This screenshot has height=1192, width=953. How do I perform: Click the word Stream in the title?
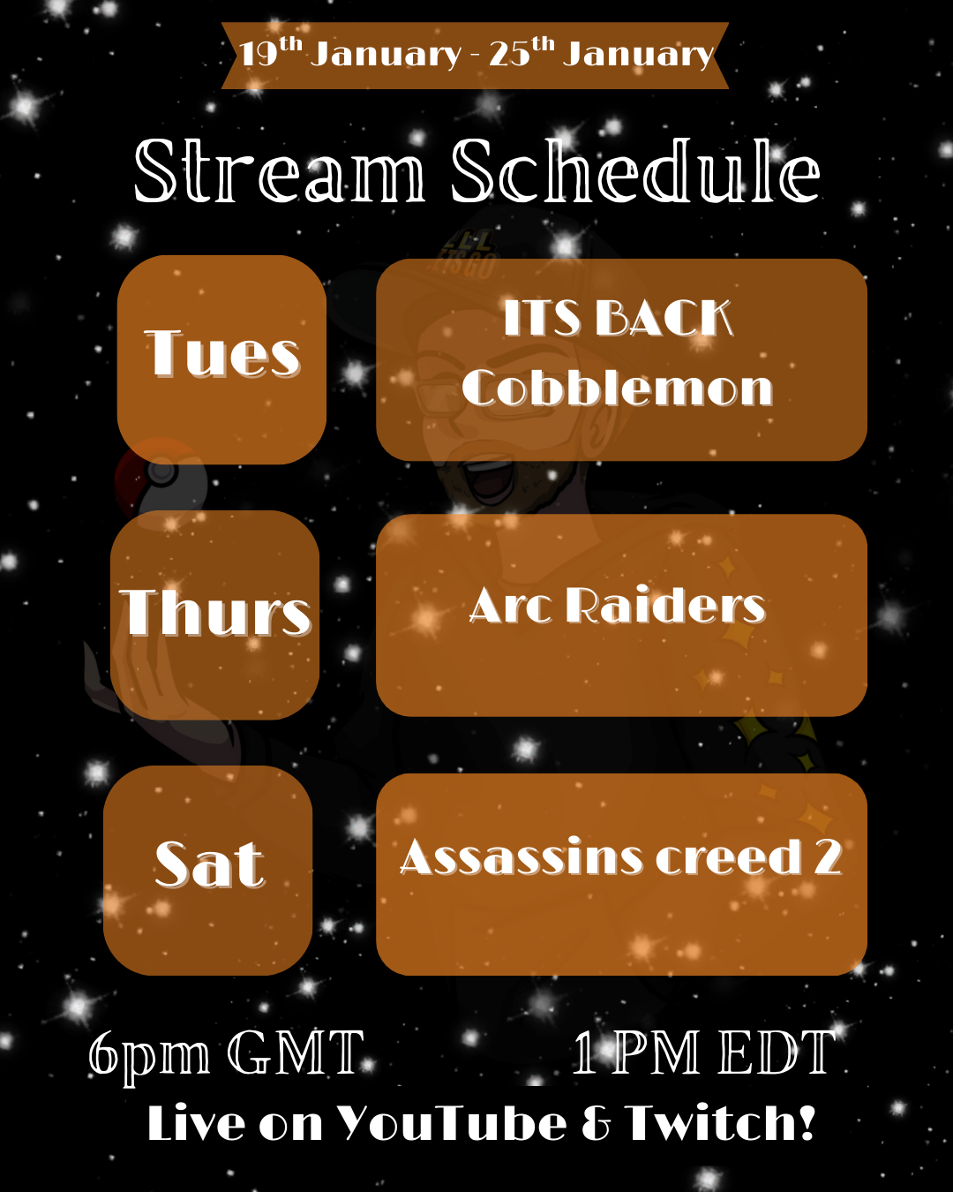click(280, 170)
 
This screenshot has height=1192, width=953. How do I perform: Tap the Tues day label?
click(222, 354)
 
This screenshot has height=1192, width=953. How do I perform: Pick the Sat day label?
click(210, 864)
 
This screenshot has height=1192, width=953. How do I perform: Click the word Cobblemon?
click(617, 387)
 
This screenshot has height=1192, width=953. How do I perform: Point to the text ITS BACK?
click(619, 318)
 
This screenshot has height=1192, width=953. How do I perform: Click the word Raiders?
click(665, 605)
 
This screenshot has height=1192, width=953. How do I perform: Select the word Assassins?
click(522, 856)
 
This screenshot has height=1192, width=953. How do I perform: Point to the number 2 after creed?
click(828, 856)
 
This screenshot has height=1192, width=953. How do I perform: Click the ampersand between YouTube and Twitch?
click(597, 1124)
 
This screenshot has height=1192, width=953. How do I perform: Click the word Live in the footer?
click(197, 1123)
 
